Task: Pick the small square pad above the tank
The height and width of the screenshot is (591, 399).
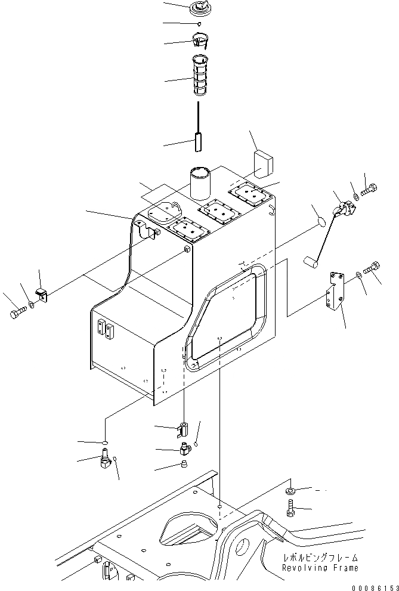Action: point(262,161)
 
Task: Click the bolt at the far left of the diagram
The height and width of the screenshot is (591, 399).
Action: point(17,312)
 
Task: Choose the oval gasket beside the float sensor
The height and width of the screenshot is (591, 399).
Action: point(320,222)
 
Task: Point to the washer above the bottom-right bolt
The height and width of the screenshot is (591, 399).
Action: point(290,490)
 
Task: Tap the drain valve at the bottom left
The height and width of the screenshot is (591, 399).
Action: point(104,463)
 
